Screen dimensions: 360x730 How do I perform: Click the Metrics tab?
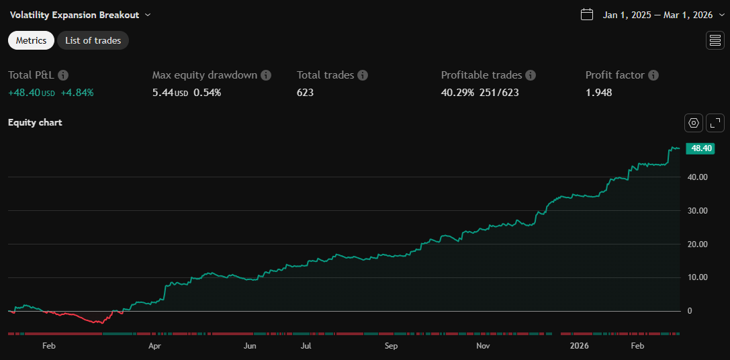coord(31,40)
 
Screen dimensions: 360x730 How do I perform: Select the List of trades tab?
coord(93,40)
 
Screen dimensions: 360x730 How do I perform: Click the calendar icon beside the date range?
coord(587,14)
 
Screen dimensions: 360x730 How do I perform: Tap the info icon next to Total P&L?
coord(63,75)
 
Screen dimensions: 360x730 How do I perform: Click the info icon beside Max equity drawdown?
coord(266,75)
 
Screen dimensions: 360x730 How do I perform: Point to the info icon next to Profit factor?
coord(653,75)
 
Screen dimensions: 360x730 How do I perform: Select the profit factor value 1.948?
coord(598,93)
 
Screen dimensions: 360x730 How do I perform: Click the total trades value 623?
coord(305,93)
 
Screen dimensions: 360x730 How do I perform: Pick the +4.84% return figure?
coord(77,93)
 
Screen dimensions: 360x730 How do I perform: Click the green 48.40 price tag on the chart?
coord(699,148)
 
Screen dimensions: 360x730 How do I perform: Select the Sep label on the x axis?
coord(391,346)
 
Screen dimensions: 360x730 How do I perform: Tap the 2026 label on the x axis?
coord(578,346)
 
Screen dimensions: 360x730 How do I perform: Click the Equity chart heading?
coord(35,122)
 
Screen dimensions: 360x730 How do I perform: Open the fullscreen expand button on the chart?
coord(716,123)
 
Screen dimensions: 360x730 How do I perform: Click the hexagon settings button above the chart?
coord(694,123)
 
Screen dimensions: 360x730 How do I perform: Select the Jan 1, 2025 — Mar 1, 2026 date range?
coord(657,14)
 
